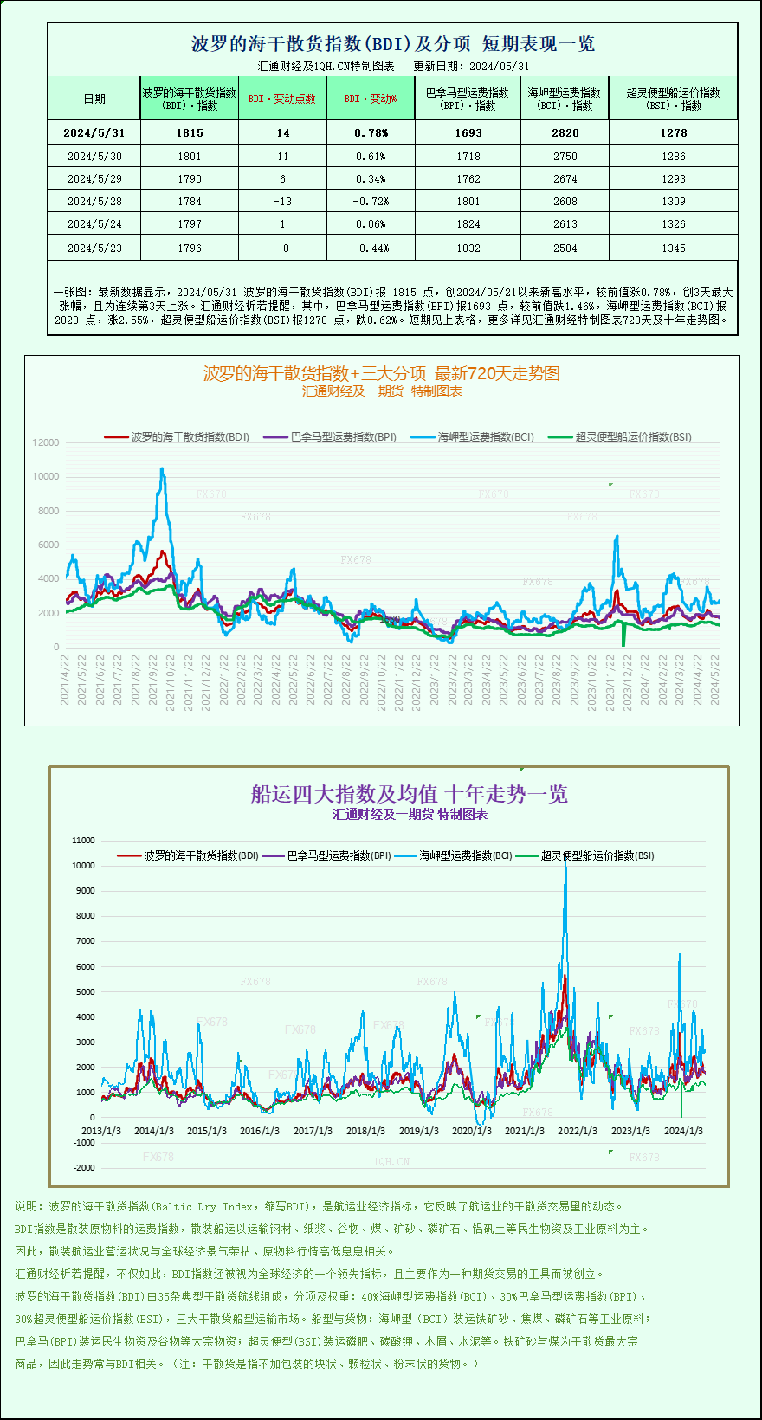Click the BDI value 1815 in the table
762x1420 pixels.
coord(189,132)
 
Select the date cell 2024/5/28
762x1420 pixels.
coord(94,201)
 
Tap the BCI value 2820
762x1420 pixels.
coord(565,132)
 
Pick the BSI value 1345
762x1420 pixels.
coord(673,248)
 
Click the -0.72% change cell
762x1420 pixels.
coord(371,201)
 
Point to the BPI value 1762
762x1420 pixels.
coord(468,178)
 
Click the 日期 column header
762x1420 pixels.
coord(94,99)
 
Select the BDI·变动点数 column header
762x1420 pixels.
coord(282,99)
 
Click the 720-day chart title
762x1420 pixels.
coord(381,373)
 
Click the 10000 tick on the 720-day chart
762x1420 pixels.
coord(46,476)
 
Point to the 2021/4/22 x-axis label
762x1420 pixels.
coord(65,679)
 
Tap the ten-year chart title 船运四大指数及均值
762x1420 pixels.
coord(409,794)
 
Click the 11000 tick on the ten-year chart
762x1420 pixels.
coord(84,840)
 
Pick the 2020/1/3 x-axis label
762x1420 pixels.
coord(472,1131)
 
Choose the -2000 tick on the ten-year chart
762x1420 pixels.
coord(84,1167)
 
